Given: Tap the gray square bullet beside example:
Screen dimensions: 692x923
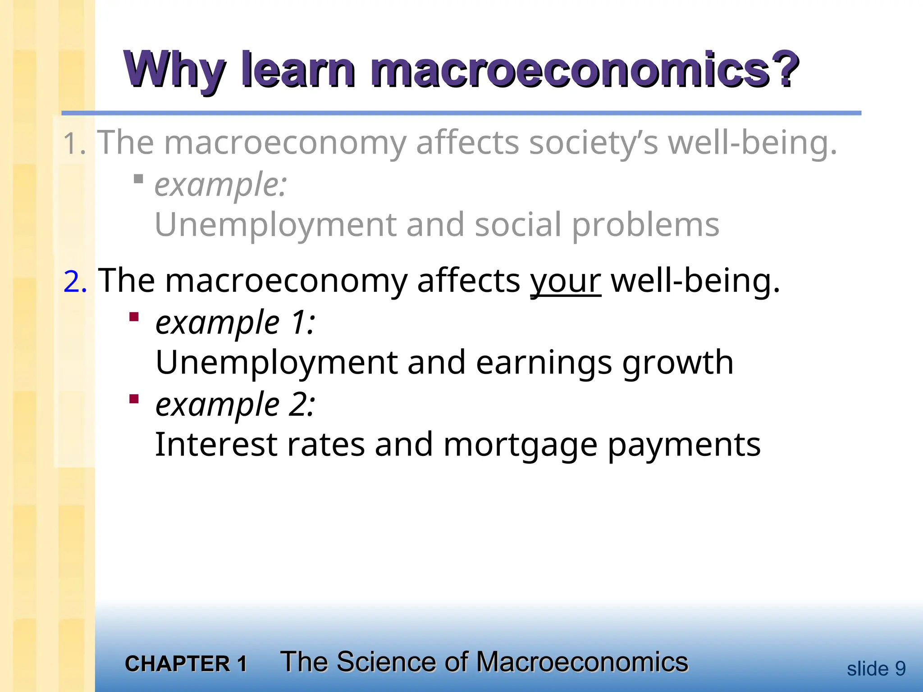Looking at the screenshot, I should click(138, 179).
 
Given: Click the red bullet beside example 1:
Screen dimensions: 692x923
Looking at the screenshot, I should click(134, 317).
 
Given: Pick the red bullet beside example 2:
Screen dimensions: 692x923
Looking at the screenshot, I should click(134, 399).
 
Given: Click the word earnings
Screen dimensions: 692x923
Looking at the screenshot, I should click(544, 363).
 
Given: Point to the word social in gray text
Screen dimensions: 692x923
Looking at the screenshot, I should click(518, 225).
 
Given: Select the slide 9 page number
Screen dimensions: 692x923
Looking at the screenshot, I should click(876, 669).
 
